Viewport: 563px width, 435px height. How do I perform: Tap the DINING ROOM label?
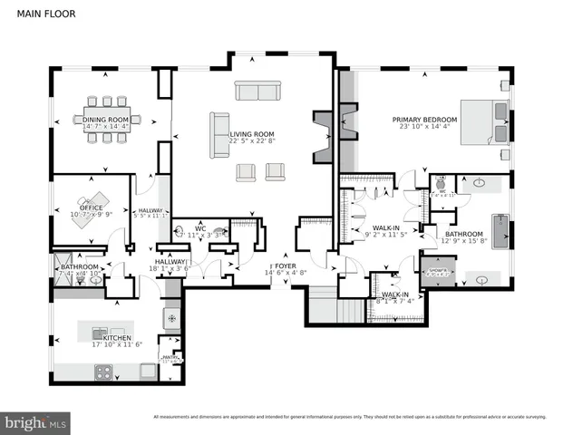107,120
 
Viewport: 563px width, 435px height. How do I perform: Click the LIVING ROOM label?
252,133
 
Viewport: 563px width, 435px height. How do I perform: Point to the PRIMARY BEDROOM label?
424,120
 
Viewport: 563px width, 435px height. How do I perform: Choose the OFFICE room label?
92,208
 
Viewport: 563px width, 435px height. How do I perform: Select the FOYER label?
286,265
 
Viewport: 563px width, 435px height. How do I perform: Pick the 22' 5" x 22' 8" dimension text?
252,140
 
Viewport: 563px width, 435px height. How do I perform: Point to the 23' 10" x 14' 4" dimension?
424,127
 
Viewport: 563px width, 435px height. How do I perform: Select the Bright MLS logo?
36,422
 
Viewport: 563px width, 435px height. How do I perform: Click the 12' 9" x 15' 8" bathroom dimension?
463,242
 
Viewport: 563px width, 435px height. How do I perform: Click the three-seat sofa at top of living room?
258,91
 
